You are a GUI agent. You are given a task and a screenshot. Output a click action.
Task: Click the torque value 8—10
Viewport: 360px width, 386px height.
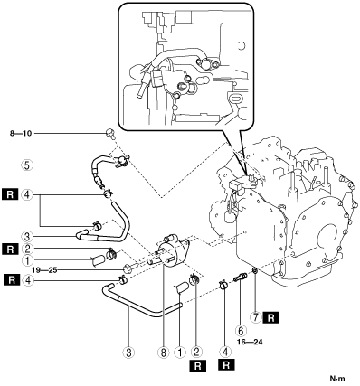point(21,133)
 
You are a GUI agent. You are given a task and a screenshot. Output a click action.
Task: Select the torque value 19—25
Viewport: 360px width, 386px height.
point(44,270)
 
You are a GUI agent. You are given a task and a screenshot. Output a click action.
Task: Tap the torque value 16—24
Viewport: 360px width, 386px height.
point(250,342)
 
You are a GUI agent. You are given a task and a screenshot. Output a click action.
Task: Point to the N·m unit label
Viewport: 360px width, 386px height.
point(337,379)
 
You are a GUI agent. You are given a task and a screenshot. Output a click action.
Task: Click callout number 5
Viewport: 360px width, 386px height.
point(27,165)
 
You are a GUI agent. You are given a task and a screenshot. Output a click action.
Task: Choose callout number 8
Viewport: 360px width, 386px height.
point(164,353)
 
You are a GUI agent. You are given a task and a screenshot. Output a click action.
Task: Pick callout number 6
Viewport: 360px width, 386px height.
point(241,331)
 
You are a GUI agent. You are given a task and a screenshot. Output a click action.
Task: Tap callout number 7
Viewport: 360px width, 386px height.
point(255,318)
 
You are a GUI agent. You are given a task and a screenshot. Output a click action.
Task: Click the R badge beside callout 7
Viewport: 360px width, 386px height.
point(271,318)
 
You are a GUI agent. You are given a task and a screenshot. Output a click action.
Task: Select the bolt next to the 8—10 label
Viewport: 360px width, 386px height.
point(110,134)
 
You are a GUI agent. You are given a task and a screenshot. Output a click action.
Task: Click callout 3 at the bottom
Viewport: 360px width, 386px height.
point(128,353)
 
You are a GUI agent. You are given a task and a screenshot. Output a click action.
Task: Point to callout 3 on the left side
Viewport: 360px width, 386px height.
point(27,236)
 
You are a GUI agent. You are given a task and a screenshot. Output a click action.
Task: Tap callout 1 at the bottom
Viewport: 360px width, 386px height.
point(180,353)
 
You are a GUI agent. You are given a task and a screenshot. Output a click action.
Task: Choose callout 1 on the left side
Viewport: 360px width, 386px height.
point(27,259)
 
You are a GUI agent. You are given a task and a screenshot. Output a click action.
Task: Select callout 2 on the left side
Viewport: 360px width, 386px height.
point(27,249)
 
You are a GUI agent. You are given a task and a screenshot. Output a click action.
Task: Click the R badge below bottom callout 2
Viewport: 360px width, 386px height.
point(198,365)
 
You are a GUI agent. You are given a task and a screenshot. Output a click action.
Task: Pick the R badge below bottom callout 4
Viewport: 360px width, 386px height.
point(225,365)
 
